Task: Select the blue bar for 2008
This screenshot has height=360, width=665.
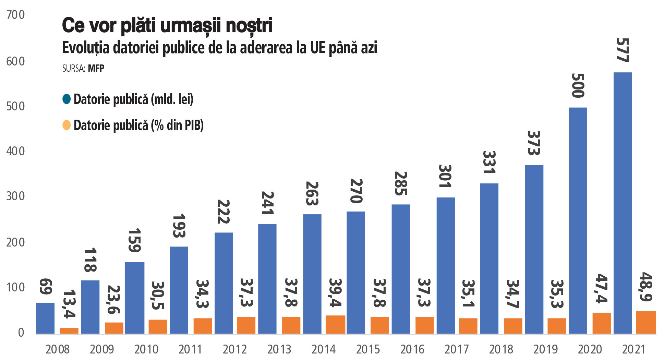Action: point(45,318)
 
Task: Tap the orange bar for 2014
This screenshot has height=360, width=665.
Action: point(335,324)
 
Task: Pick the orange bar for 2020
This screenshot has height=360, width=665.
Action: point(602,323)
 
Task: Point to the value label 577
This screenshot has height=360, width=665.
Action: point(622,50)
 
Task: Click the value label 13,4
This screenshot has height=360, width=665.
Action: point(69,304)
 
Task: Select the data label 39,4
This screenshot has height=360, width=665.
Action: point(335,292)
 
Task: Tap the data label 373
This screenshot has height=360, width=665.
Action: point(534,143)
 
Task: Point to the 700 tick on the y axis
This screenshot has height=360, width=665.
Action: point(16,15)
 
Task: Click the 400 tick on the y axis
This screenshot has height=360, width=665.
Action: point(16,151)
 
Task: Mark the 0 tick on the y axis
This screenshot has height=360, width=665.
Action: point(21,333)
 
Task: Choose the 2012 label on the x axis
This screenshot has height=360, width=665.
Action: point(235,349)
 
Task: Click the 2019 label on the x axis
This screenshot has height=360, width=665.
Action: point(545,349)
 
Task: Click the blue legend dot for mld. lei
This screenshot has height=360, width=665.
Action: point(66,99)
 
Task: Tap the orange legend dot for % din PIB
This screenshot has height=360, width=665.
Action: point(66,125)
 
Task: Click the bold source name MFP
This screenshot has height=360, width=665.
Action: point(96,68)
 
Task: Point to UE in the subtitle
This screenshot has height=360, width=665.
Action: point(318,48)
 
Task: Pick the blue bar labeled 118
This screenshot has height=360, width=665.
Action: point(90,307)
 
